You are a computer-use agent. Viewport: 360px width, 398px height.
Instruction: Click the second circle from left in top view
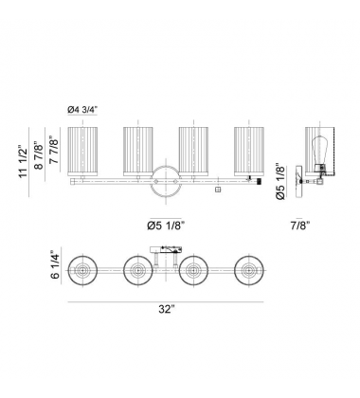(138, 272)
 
